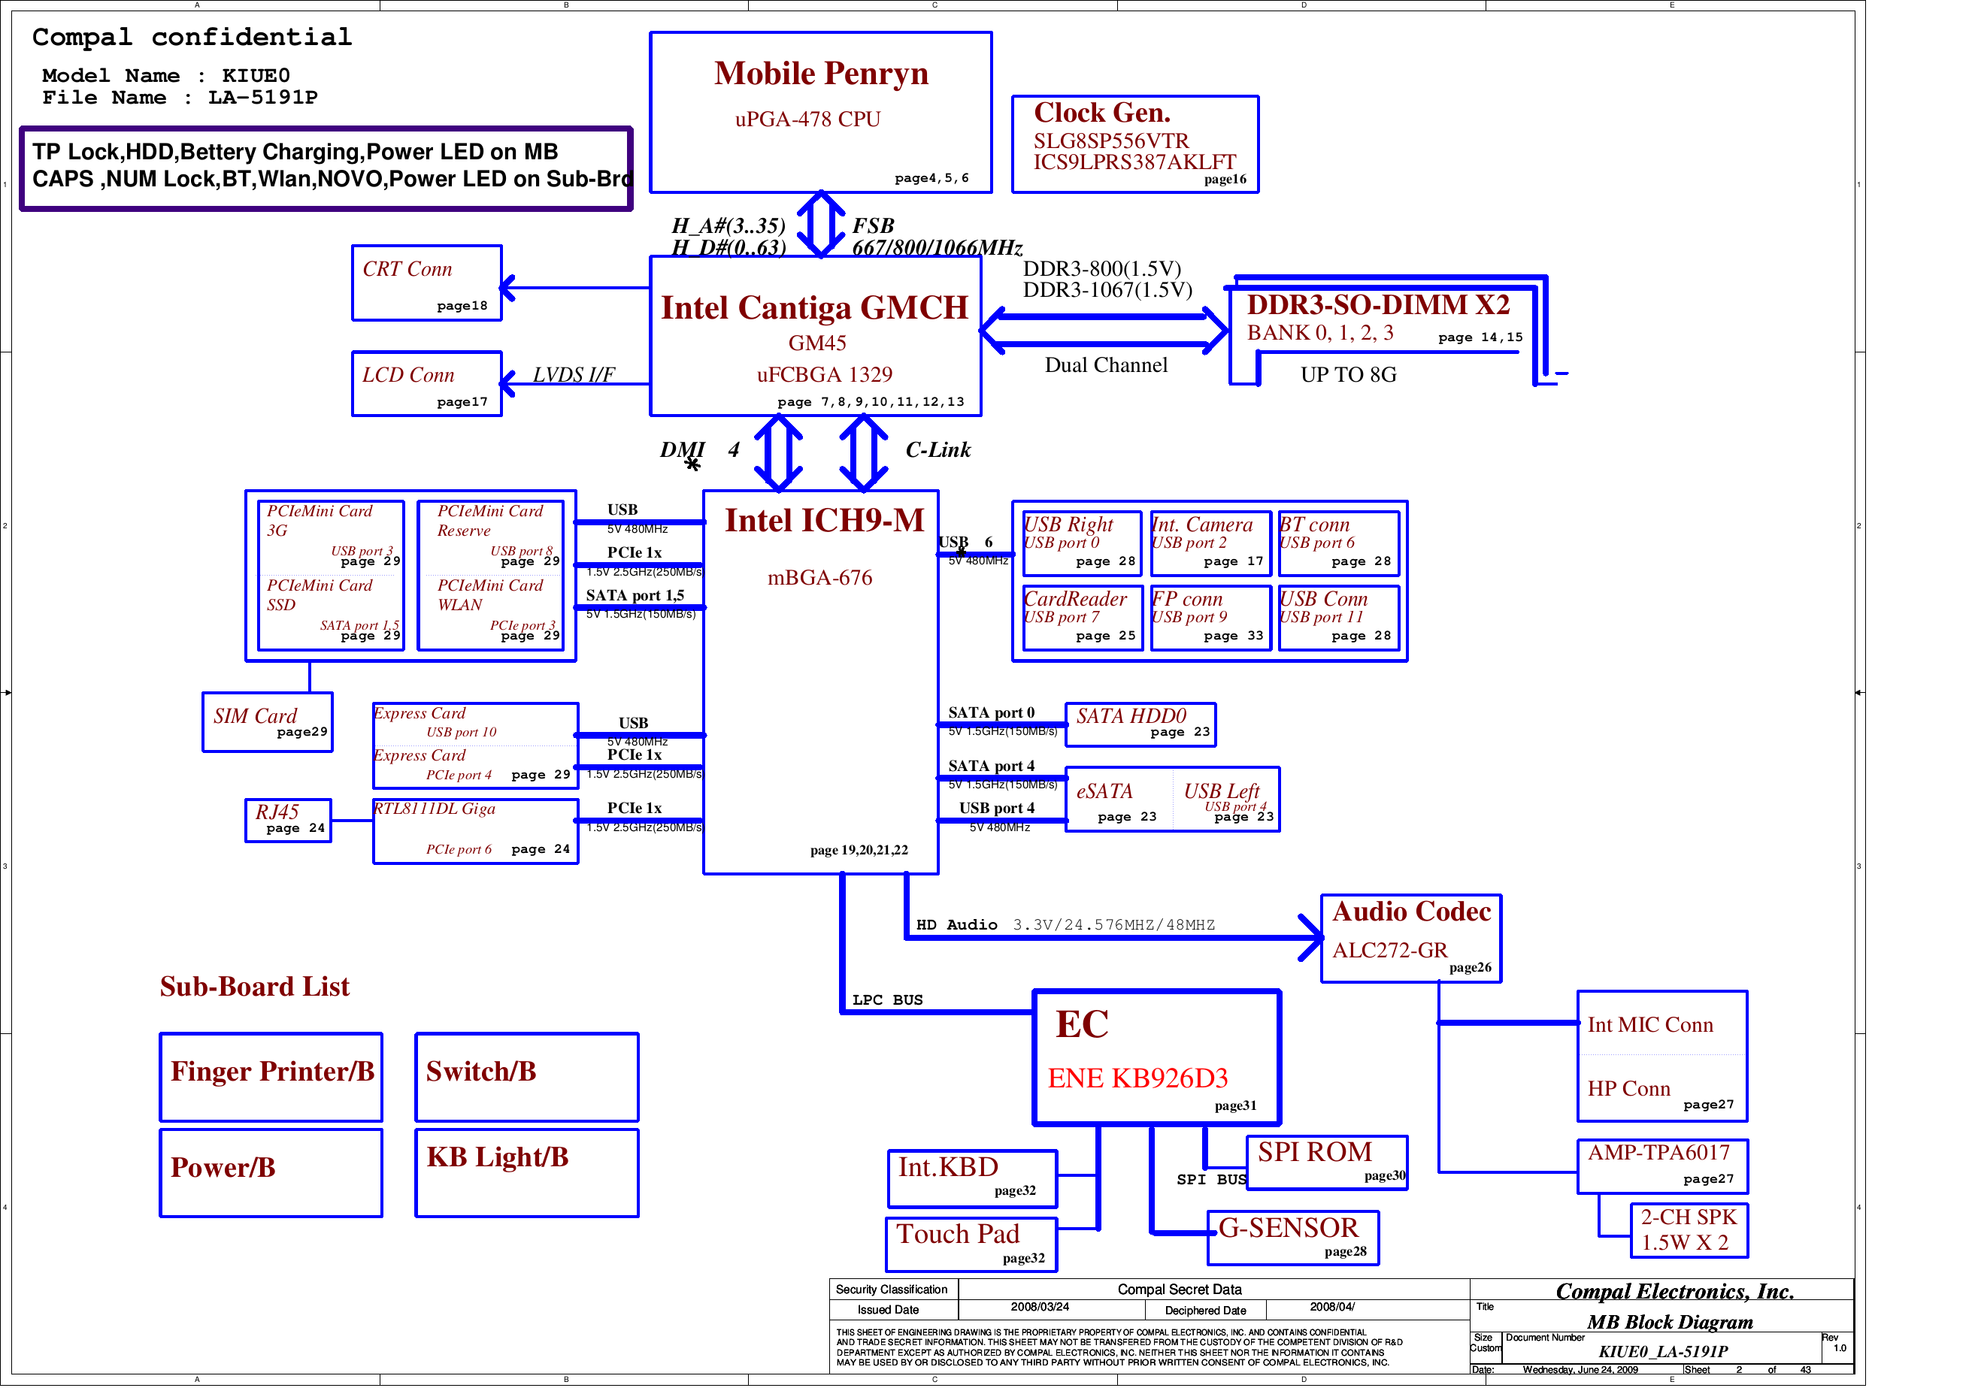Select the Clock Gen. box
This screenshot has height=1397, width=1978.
(x=1134, y=144)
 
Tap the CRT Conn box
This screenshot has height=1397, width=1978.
(x=426, y=283)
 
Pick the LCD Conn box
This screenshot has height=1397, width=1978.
(x=426, y=384)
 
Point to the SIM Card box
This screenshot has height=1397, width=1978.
(x=267, y=721)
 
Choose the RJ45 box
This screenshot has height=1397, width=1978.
(x=288, y=820)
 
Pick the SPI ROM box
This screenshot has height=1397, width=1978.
(x=1327, y=1162)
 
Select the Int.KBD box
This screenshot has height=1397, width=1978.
(x=972, y=1178)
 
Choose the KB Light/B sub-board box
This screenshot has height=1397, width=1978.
(x=526, y=1172)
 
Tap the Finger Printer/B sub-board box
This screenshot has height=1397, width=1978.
(x=271, y=1077)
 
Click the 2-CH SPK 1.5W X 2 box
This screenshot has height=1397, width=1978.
(x=1689, y=1230)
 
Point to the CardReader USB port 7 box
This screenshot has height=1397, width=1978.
(x=1082, y=618)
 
